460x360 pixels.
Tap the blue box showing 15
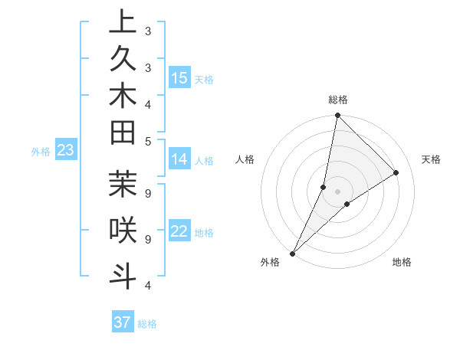coord(179,78)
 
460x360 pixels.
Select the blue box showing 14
coord(179,160)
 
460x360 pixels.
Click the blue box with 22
coord(179,231)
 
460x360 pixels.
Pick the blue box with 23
coord(66,151)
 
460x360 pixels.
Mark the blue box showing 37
coord(122,322)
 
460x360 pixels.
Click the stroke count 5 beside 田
coord(147,141)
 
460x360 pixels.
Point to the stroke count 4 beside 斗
coord(147,286)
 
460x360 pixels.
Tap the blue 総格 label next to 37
coord(147,324)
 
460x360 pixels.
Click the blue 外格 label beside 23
coord(41,152)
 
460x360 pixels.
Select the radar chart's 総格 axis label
coord(338,100)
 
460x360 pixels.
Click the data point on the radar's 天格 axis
coord(396,172)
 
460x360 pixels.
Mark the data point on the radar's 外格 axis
coord(293,253)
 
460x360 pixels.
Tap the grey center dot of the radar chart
coord(337,191)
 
